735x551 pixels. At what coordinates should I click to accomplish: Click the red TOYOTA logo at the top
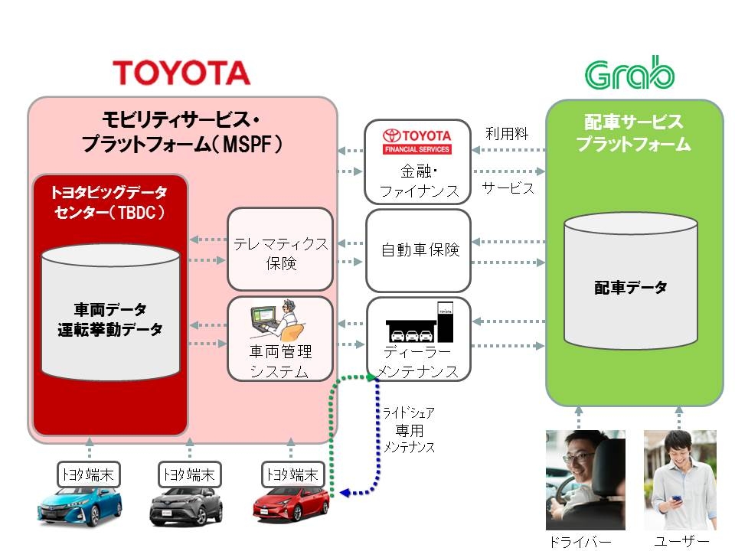point(181,73)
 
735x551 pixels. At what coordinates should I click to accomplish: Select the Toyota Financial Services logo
point(417,141)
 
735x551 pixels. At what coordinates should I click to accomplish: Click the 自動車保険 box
point(418,251)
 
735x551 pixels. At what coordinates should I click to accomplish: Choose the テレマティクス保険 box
point(280,249)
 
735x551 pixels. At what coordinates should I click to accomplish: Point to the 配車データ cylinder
point(630,281)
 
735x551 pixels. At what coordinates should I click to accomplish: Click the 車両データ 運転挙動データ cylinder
point(110,312)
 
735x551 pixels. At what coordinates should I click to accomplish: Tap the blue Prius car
point(80,507)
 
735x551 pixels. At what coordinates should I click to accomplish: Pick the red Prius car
point(291,504)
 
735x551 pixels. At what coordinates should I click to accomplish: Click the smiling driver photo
point(586,480)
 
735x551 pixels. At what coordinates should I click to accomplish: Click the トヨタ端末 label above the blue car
point(88,474)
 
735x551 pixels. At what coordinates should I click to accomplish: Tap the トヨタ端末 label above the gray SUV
point(189,474)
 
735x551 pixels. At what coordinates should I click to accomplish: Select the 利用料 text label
point(507,134)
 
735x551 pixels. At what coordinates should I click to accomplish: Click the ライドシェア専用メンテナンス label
point(409,430)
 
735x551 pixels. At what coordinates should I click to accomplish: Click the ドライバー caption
point(580,542)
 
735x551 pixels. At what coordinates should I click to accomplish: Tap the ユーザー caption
point(681,542)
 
